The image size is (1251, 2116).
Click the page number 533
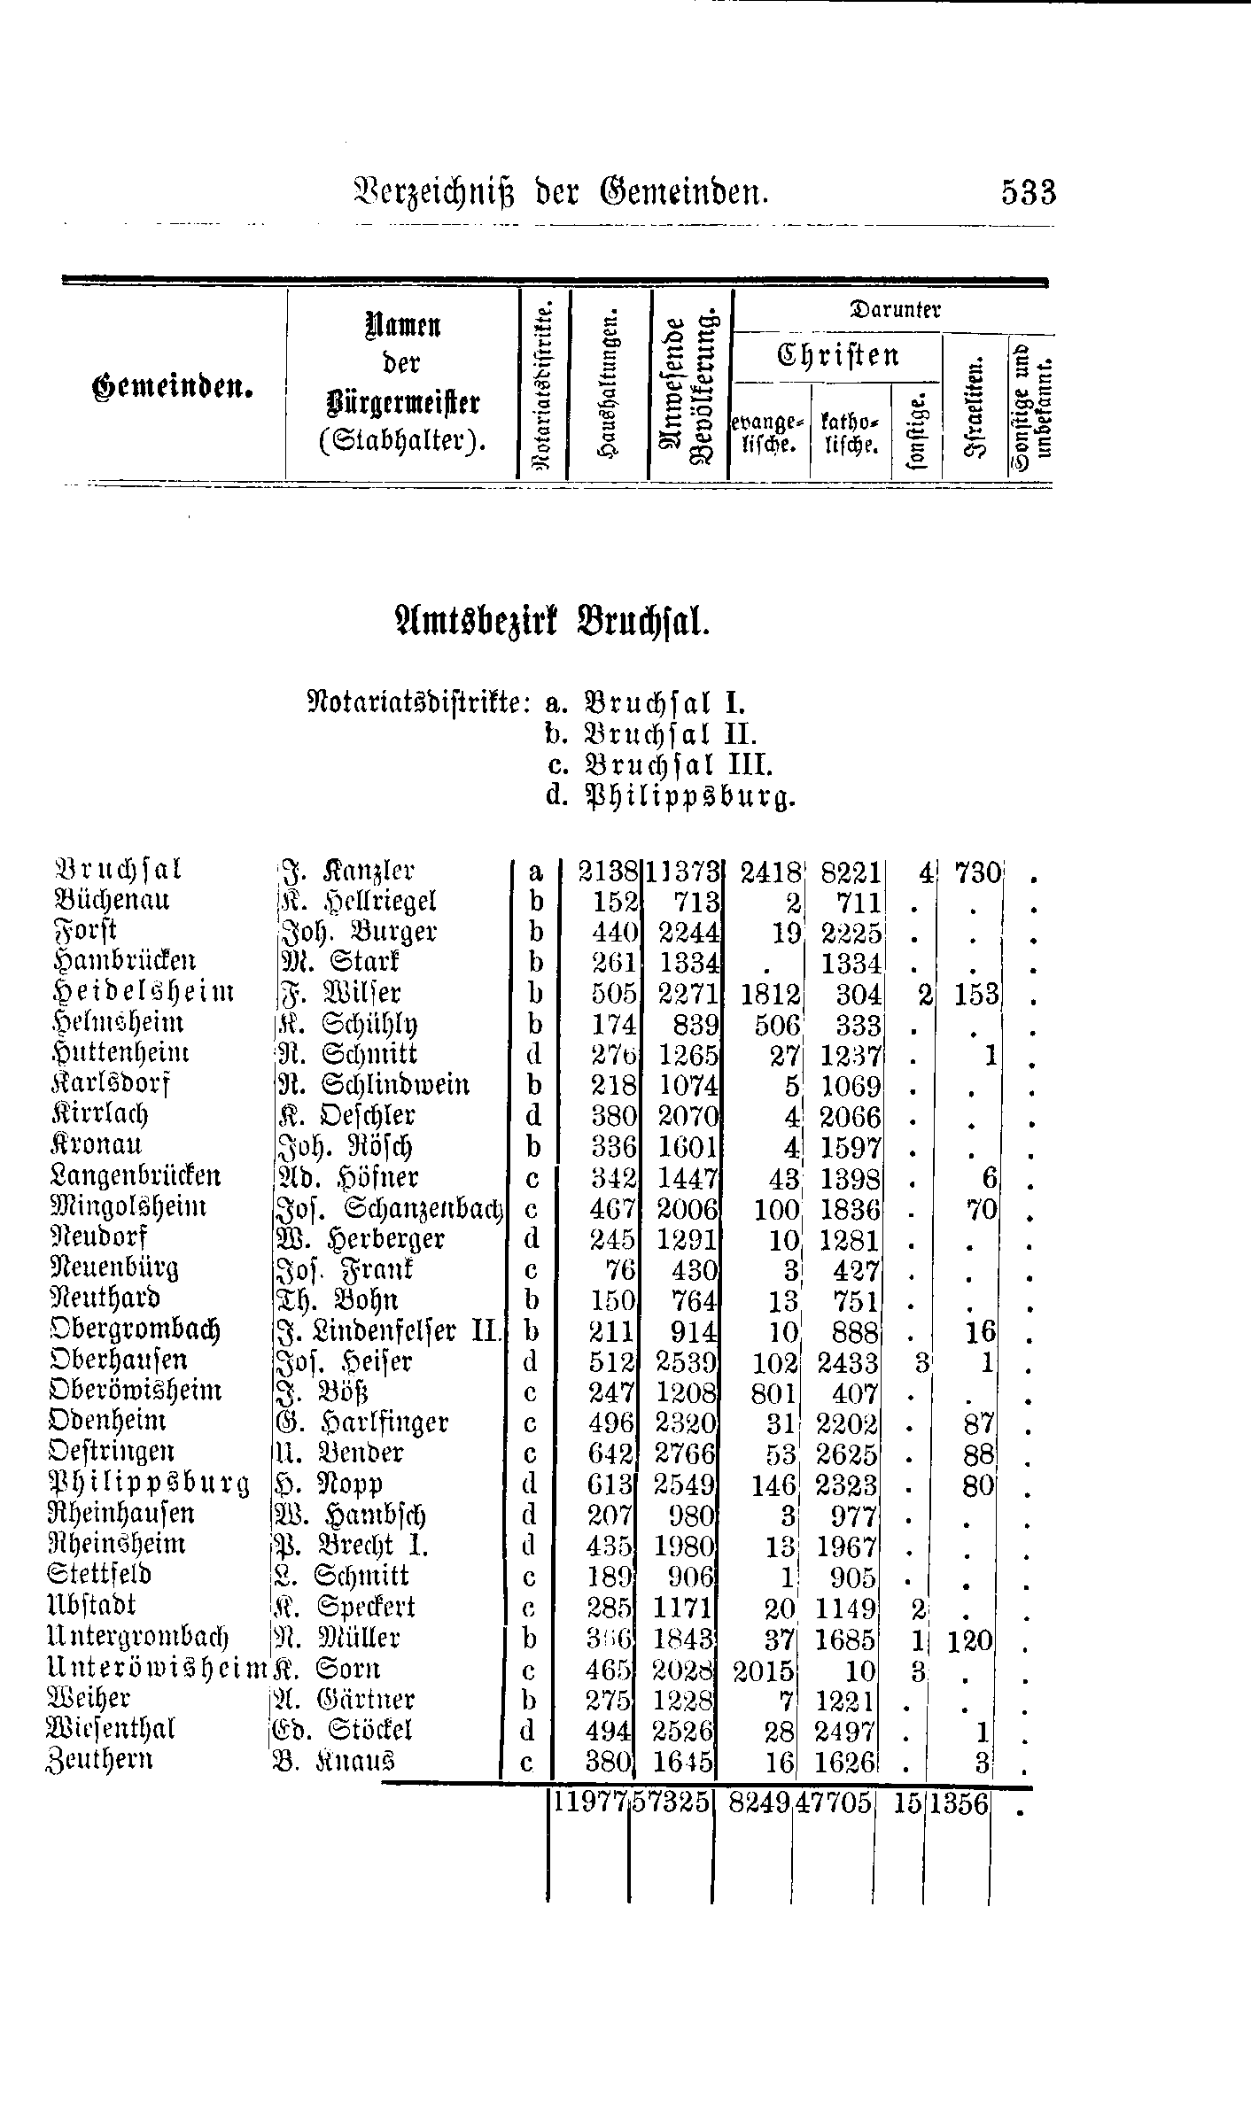[x=1029, y=192]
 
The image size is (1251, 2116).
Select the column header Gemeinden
[x=169, y=388]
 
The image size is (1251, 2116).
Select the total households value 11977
[x=590, y=1802]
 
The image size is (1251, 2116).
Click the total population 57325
[x=671, y=1802]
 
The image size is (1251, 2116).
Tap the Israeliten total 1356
[x=960, y=1802]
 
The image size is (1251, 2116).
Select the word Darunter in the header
[x=894, y=310]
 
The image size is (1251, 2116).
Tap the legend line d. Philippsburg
[x=671, y=798]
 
